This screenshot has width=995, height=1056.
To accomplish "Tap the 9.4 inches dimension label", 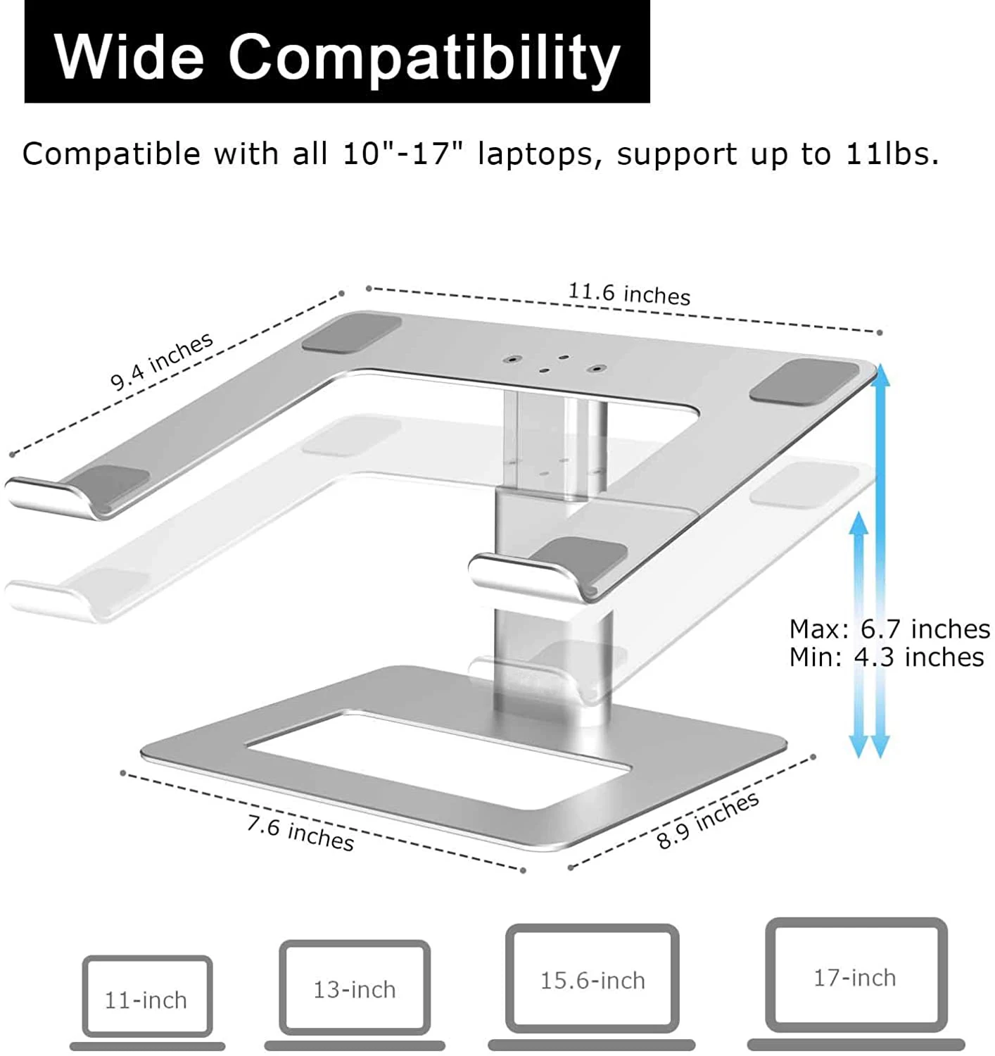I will pyautogui.click(x=161, y=360).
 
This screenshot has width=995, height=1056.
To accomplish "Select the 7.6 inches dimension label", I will pyautogui.click(x=300, y=832).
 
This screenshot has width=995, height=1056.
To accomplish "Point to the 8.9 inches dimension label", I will pyautogui.click(x=707, y=820).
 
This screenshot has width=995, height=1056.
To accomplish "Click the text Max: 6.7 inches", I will pyautogui.click(x=889, y=629).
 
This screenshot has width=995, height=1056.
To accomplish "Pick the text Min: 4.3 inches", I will pyautogui.click(x=886, y=658).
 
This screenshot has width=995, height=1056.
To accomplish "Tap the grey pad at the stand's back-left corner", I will pyautogui.click(x=352, y=333).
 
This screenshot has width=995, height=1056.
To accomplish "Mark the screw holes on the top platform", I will pyautogui.click(x=553, y=363).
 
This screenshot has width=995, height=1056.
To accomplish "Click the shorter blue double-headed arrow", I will pyautogui.click(x=858, y=634).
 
